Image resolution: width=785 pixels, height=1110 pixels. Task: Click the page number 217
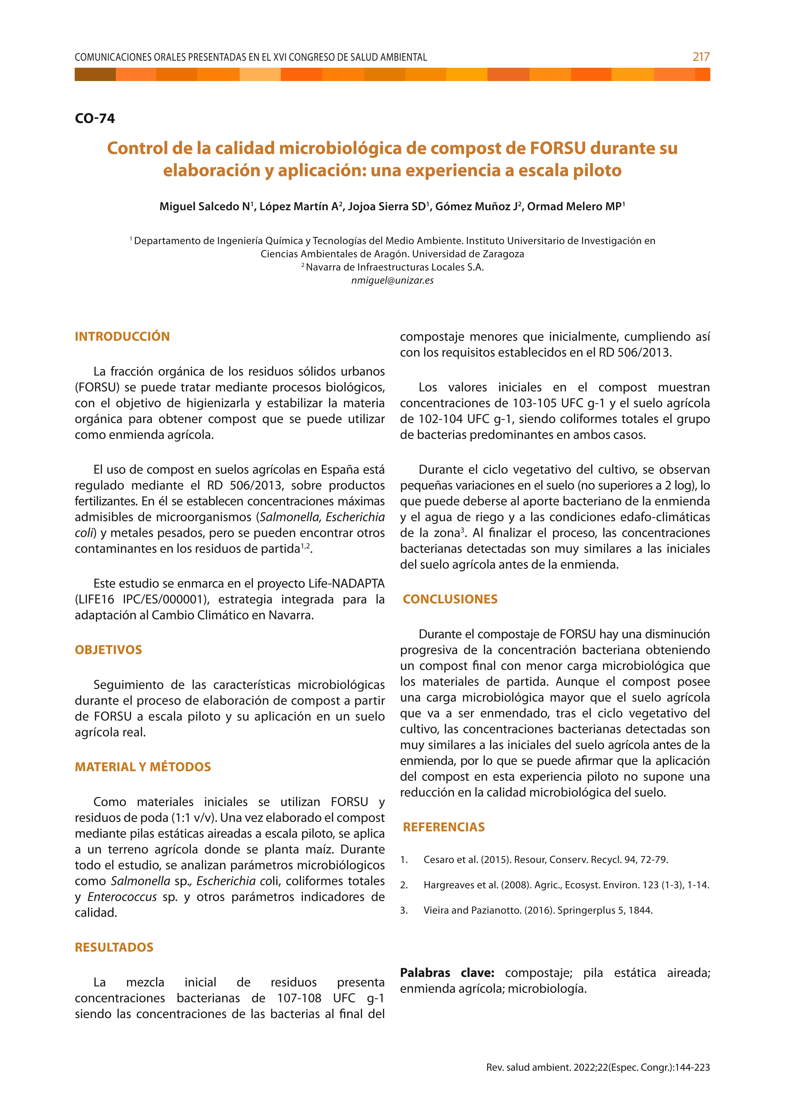tap(700, 57)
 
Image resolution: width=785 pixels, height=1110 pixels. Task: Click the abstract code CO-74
tap(95, 118)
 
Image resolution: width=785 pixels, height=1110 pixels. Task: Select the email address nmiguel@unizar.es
tap(392, 280)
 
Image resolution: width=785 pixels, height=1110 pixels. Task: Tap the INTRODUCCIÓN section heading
tap(122, 336)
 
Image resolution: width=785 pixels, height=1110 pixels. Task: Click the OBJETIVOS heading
tap(108, 650)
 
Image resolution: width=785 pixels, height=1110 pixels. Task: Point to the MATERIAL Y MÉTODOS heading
tap(142, 767)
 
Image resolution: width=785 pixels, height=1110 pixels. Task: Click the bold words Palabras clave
tap(447, 973)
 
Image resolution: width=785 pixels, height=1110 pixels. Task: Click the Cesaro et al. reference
tap(545, 860)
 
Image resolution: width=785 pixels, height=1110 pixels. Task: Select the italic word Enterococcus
tap(122, 897)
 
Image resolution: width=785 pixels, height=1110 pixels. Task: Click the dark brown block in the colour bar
tap(95, 74)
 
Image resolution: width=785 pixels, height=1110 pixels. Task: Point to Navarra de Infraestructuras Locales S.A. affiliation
tap(394, 267)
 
